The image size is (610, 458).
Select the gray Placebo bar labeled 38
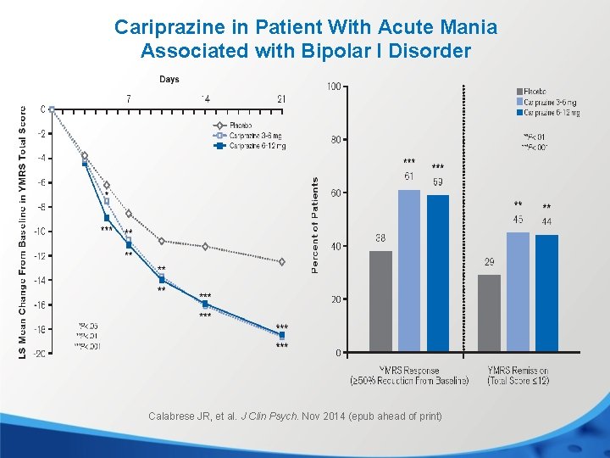point(380,301)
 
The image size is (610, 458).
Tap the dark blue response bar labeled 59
point(438,273)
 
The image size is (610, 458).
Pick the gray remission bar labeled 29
point(489,313)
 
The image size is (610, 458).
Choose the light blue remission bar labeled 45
point(518,292)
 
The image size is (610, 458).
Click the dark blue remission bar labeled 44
point(546,293)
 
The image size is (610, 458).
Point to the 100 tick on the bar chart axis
point(334,87)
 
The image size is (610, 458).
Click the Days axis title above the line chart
point(169,80)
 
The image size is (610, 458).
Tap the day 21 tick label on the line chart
point(281,99)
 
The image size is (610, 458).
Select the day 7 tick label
point(128,99)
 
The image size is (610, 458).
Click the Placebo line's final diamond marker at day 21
point(281,262)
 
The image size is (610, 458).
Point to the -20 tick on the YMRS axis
point(39,354)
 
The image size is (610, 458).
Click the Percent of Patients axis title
point(315,225)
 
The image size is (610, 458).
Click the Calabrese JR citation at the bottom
point(295,416)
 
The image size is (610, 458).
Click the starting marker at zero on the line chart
point(52,109)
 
